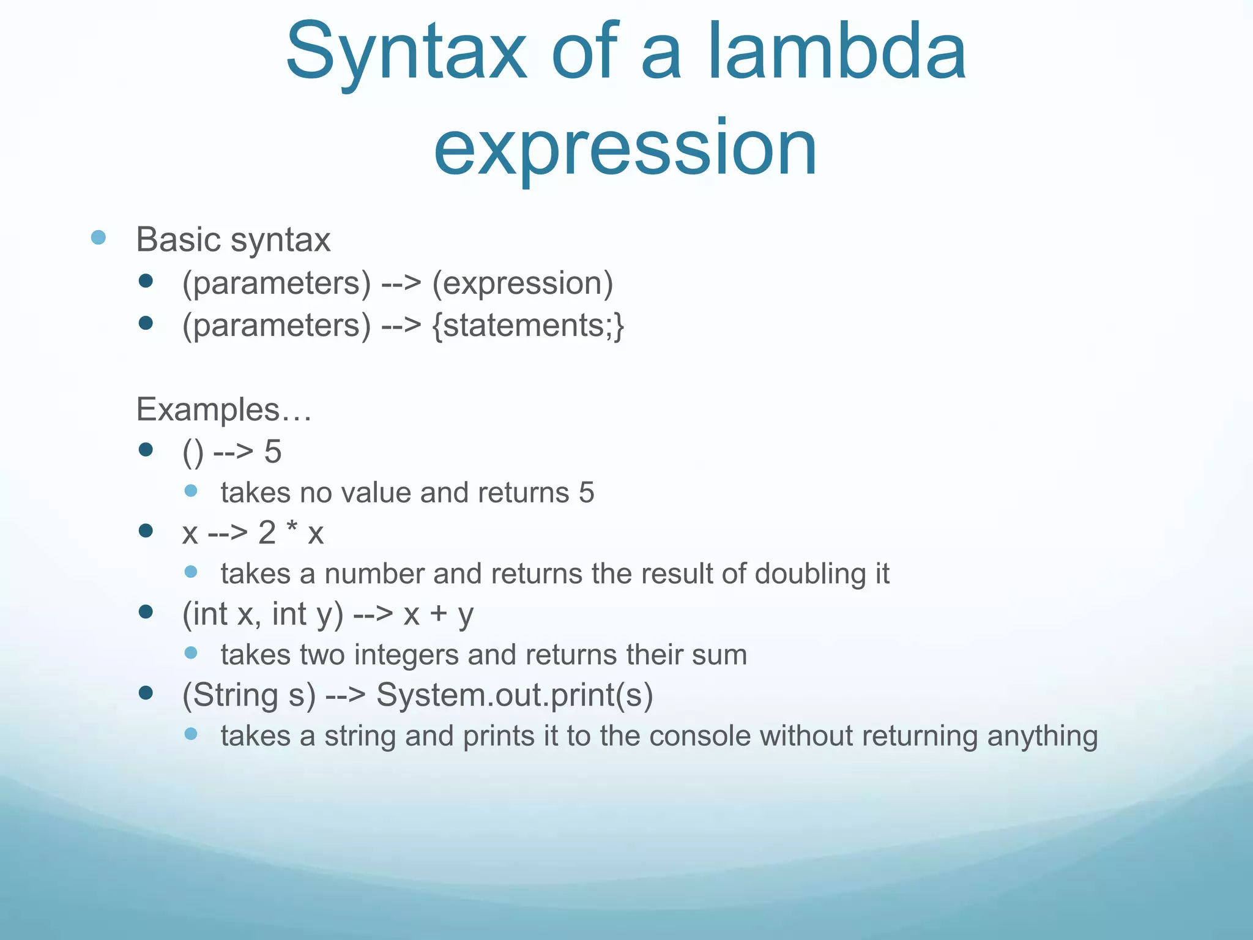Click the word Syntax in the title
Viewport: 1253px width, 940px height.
coord(406,52)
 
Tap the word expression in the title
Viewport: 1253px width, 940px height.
coord(625,149)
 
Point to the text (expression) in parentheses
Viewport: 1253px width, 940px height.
coord(522,283)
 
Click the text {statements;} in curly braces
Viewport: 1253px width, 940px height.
coord(528,325)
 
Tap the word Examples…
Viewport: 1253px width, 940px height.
coord(224,409)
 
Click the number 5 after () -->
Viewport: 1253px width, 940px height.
coord(273,452)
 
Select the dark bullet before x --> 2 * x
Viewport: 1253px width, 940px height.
coord(146,531)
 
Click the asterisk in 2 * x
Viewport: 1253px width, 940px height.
coord(292,529)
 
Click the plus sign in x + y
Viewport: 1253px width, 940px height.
coord(438,614)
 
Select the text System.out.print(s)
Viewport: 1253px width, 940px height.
coord(515,695)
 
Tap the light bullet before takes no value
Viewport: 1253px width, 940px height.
coord(191,491)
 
